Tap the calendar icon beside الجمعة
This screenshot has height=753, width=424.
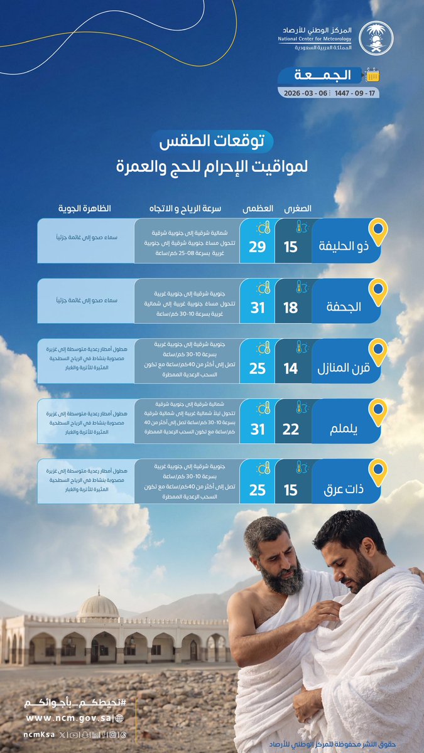point(373,75)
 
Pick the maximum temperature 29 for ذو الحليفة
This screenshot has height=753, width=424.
point(258,247)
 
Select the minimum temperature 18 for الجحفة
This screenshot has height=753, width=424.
point(290,307)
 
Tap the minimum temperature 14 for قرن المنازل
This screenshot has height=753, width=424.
point(290,368)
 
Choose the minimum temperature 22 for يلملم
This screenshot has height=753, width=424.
point(290,429)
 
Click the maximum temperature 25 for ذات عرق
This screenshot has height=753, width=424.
point(258,489)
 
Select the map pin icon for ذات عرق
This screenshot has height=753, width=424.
point(377,474)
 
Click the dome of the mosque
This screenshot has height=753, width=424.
point(98,606)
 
